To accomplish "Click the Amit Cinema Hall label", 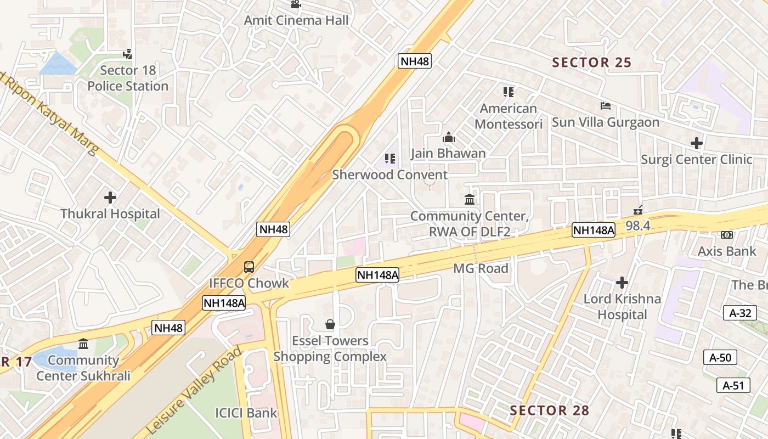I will [296, 21].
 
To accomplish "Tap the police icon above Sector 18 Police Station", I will [128, 54].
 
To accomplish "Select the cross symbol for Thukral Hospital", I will [110, 197].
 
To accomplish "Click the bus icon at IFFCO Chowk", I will [249, 267].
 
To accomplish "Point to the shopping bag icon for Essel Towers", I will [330, 324].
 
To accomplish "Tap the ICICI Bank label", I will [246, 413].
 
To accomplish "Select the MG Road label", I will [481, 268].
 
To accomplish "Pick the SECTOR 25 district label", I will [592, 63].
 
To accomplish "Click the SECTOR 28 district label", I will [550, 410].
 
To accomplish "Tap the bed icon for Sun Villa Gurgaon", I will [606, 105].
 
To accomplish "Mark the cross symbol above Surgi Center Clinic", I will [697, 143].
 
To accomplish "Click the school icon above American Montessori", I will [509, 92].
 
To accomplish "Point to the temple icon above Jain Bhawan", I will [449, 137].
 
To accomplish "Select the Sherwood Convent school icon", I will [390, 159].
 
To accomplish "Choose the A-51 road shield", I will [733, 385].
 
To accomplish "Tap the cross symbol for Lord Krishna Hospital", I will [622, 283].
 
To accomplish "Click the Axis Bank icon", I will [727, 235].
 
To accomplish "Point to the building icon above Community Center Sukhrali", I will [83, 344].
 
